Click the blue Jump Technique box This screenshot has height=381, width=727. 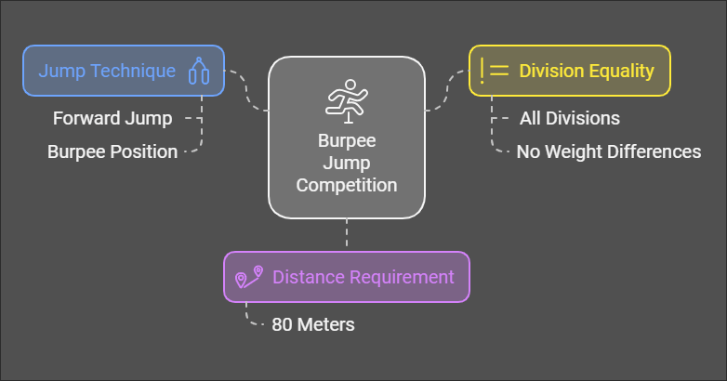[123, 71]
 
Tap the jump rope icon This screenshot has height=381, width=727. [197, 72]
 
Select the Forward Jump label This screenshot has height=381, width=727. [113, 118]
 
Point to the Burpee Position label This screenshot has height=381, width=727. [112, 151]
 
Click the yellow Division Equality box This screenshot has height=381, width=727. [569, 71]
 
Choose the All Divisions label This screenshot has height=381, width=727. [569, 118]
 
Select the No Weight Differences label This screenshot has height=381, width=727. [609, 151]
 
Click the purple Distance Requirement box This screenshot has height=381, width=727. [347, 277]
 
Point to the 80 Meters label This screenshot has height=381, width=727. [312, 325]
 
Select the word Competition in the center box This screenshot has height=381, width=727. [347, 185]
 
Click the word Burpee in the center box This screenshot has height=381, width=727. [347, 143]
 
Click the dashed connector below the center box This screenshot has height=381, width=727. [347, 233]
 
